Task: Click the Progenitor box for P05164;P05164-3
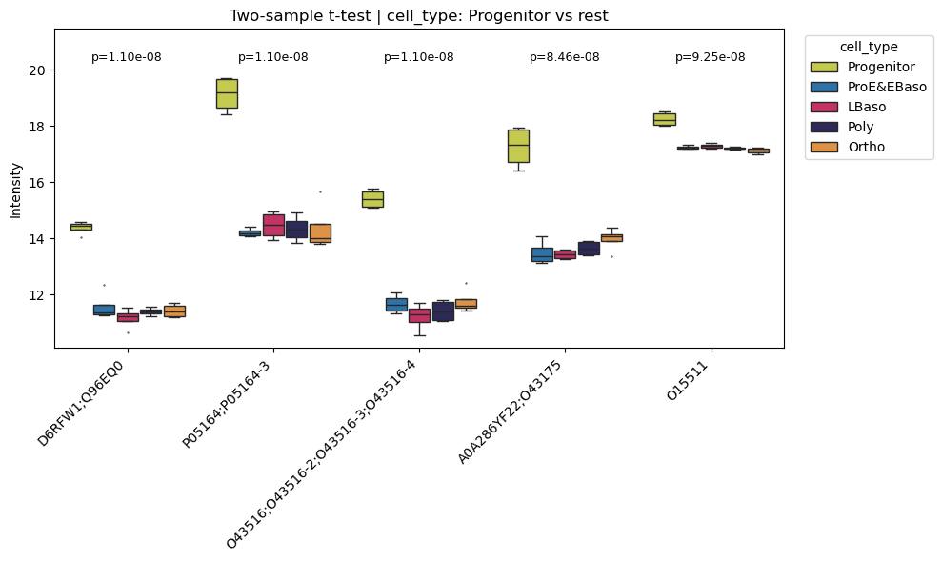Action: click(227, 93)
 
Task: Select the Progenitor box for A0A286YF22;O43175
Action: click(518, 146)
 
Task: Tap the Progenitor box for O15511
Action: click(664, 119)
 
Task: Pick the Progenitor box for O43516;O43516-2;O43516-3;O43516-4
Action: click(372, 199)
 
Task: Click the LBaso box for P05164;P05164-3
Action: click(273, 225)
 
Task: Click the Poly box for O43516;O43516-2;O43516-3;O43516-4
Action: click(443, 311)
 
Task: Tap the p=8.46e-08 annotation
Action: click(564, 57)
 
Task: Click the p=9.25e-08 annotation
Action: click(710, 57)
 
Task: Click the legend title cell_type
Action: click(868, 46)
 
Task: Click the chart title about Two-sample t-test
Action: click(418, 15)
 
